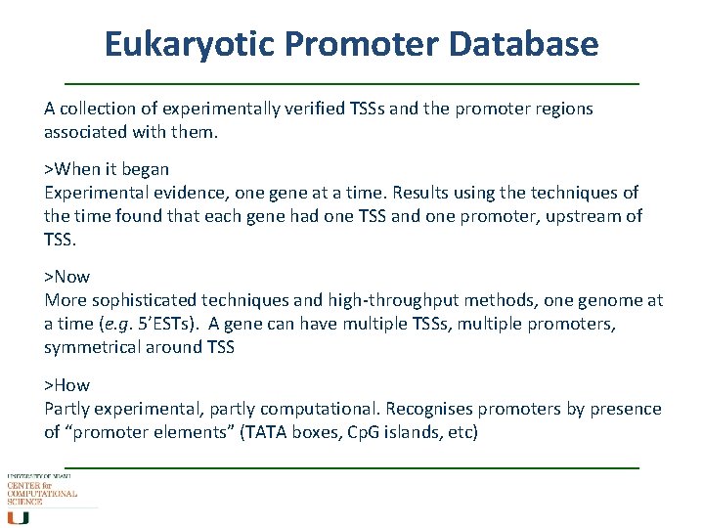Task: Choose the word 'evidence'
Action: point(185,193)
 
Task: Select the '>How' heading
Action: point(66,384)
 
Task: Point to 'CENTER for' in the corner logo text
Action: point(29,485)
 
